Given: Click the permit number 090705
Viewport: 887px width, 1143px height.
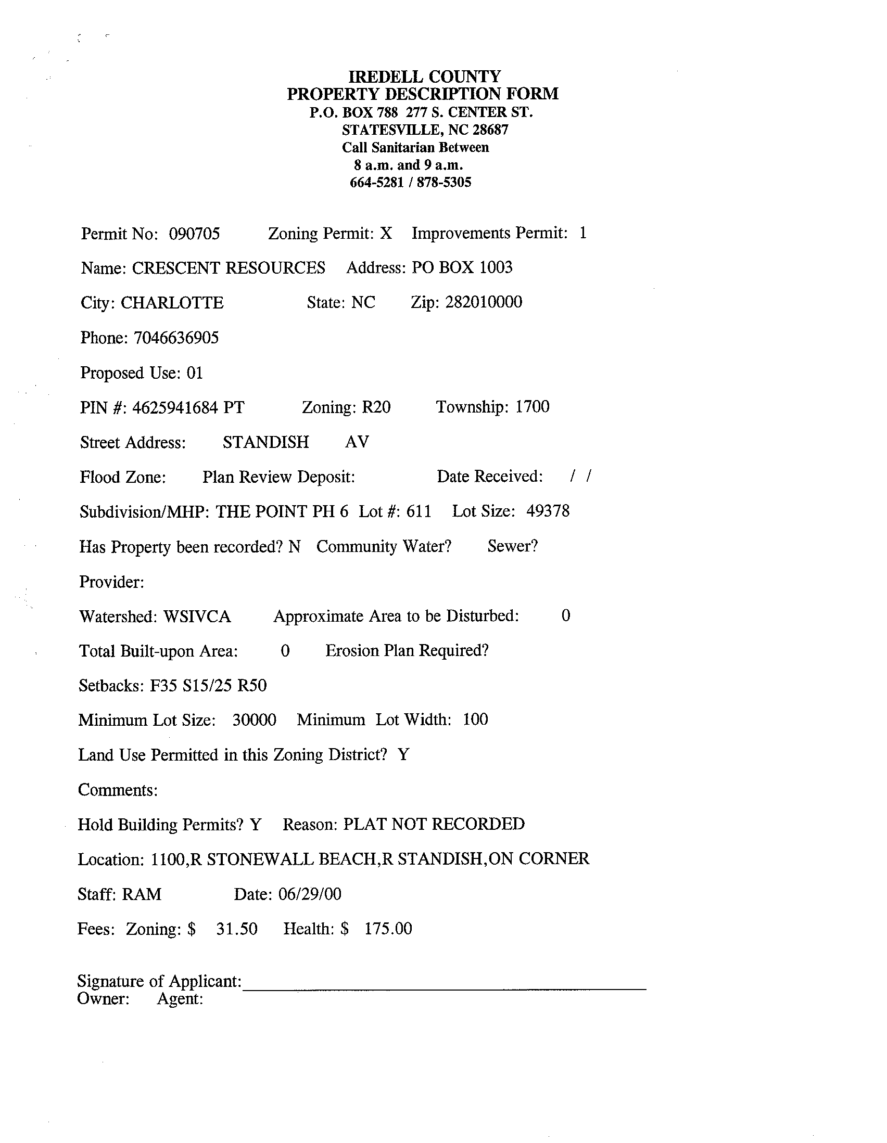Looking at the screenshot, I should coord(194,234).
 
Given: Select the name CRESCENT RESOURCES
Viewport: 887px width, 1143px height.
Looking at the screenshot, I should coord(229,268).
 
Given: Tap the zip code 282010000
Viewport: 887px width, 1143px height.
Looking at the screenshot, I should coord(483,302).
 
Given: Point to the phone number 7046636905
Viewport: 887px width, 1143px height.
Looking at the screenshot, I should coord(176,338).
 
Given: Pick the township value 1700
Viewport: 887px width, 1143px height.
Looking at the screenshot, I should coord(532,407).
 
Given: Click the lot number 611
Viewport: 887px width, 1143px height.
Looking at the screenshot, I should coord(419,511).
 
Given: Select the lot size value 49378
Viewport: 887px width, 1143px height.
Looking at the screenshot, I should coord(548,511).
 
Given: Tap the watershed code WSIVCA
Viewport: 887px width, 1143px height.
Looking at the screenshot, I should coord(197,617).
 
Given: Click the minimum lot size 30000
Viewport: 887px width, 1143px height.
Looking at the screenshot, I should coord(254,720).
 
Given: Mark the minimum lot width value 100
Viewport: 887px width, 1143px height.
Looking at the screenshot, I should coord(475,720).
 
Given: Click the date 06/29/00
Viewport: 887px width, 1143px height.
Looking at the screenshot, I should coord(309,894).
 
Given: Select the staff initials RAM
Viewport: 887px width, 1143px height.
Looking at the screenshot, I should coord(142,894).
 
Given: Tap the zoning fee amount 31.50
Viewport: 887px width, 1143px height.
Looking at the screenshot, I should coord(237,929).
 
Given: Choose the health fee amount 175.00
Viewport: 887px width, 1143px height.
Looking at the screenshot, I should coord(388,929).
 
